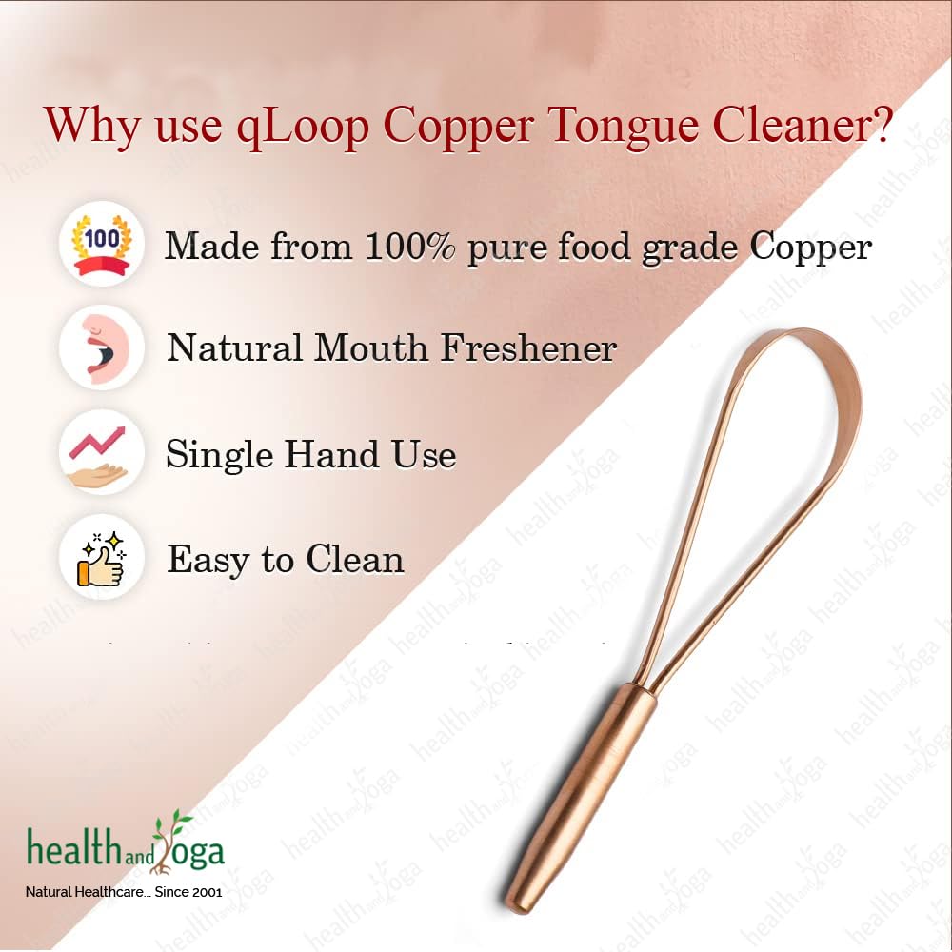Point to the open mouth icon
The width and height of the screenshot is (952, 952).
coord(102,347)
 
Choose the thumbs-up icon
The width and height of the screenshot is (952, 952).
coord(102,559)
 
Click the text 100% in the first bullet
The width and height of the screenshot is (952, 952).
coord(411,247)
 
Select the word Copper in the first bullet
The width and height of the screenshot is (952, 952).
coord(810,247)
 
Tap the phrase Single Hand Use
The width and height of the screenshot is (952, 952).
coord(311,454)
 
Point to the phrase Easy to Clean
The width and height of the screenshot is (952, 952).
coord(286,560)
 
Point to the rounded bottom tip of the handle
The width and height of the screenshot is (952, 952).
coord(519,900)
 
